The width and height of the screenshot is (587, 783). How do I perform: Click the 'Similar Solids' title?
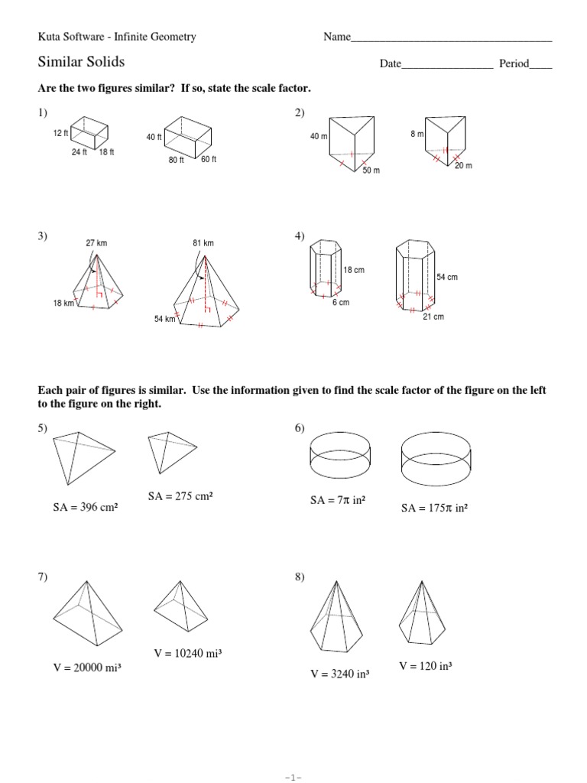(x=81, y=62)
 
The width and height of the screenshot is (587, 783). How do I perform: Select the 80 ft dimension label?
(x=177, y=160)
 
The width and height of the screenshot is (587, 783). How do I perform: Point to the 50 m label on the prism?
(x=371, y=171)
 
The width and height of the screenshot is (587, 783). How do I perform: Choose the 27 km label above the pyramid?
(x=96, y=243)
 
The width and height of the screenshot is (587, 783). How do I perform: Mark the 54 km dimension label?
(x=165, y=318)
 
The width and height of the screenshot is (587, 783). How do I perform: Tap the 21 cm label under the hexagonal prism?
(x=433, y=317)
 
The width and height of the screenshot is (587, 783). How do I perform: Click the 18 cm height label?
(x=354, y=271)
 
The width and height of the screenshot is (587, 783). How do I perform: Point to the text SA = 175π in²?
(x=434, y=506)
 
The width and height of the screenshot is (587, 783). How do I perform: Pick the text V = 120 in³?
(x=426, y=666)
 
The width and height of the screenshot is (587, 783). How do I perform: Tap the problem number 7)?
(x=43, y=577)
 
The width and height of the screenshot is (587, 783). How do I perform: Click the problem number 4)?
(x=300, y=238)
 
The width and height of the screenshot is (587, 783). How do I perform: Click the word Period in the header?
(x=514, y=64)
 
